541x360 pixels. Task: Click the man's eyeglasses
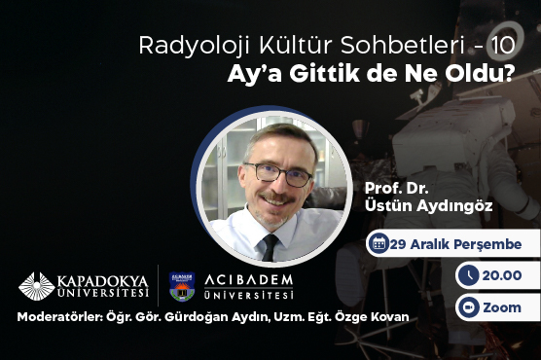pos(277,173)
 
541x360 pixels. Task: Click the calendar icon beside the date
pos(378,244)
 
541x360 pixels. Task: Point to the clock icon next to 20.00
pos(468,276)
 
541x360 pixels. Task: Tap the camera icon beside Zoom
pos(468,307)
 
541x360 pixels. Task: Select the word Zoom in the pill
pos(502,307)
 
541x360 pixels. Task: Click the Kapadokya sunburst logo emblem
pos(37,286)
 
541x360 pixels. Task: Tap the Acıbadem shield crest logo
pos(182,285)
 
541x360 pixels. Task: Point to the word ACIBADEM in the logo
pos(248,280)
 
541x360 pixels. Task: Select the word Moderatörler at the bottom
pos(58,319)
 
